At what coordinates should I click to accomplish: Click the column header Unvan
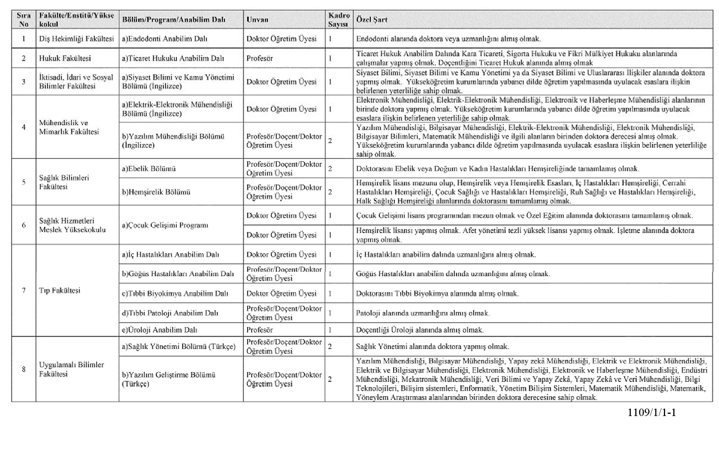coord(257,20)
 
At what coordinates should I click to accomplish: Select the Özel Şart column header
coord(371,19)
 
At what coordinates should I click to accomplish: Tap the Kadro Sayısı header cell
coord(339,20)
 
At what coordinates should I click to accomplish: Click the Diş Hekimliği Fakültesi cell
coord(76,39)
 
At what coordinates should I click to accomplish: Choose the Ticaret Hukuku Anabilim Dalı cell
coord(173,58)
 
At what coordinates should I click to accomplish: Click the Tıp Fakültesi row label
coord(60,290)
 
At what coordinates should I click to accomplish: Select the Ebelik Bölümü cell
coord(149,169)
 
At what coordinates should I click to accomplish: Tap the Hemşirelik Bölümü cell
coord(156,192)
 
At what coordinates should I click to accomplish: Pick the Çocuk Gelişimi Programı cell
coord(165,225)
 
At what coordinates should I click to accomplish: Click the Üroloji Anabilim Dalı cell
coord(160,330)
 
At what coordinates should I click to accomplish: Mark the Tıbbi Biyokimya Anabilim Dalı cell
coord(175,293)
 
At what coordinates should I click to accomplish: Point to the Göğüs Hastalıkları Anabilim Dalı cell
coord(178,274)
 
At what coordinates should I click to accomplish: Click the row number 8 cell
coord(24,369)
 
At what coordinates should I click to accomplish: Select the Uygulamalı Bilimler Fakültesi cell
coord(72,369)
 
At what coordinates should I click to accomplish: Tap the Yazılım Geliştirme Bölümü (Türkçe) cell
coord(169,379)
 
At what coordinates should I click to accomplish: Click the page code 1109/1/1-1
coord(652,413)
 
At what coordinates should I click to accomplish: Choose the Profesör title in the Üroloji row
coord(260,330)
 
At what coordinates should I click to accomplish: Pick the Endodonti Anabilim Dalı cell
coord(165,39)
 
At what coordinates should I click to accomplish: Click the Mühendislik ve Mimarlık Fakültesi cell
coord(69,127)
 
